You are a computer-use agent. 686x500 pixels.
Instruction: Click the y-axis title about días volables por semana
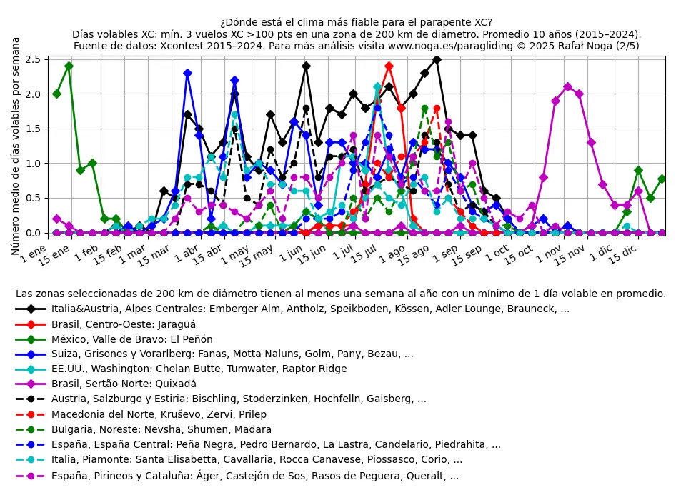16,146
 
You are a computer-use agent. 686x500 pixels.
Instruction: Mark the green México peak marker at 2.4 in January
69,66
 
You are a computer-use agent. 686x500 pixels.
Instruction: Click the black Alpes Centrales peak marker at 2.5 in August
437,59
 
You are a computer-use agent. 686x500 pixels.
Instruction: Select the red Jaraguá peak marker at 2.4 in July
389,66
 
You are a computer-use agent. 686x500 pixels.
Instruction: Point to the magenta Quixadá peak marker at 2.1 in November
567,87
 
